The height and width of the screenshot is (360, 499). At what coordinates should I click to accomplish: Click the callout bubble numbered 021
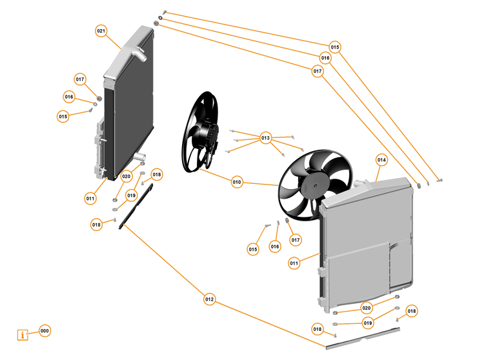click(x=101, y=31)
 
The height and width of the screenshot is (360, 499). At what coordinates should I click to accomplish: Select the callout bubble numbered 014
click(x=382, y=159)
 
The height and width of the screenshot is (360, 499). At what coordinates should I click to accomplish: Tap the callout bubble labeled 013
click(x=266, y=138)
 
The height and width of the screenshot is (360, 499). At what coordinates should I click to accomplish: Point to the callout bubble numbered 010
click(x=237, y=183)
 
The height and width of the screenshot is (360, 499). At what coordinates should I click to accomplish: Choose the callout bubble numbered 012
click(x=209, y=299)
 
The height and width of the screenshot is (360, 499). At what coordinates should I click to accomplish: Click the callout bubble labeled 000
click(x=45, y=331)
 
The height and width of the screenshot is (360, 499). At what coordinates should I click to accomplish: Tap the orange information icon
click(x=24, y=335)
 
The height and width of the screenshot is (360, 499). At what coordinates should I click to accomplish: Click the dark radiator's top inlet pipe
click(x=139, y=54)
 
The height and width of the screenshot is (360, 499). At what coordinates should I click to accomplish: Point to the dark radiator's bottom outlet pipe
click(x=141, y=157)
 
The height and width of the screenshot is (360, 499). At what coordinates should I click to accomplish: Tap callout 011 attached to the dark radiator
click(x=90, y=199)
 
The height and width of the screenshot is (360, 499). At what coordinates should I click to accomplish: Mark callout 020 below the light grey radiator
click(x=367, y=308)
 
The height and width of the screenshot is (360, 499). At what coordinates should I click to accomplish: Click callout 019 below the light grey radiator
click(x=368, y=323)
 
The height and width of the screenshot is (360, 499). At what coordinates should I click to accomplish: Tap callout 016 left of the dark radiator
click(x=69, y=97)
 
